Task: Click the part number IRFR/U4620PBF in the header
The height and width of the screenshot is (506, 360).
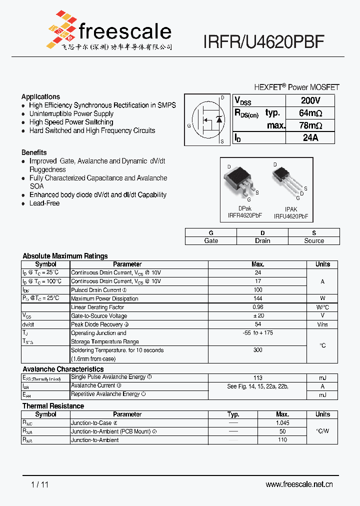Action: click(x=264, y=42)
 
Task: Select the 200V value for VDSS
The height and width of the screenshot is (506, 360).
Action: click(x=310, y=100)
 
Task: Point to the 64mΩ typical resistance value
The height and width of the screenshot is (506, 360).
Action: click(x=310, y=113)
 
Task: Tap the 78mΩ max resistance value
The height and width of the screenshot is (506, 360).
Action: click(x=310, y=125)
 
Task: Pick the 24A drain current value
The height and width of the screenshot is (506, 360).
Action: click(x=310, y=138)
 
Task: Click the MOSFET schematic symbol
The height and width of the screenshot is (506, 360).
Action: click(x=207, y=120)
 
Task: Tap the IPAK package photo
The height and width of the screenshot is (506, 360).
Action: click(x=286, y=180)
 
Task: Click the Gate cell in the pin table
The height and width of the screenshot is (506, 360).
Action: click(x=211, y=240)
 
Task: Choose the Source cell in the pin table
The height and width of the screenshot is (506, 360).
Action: click(x=314, y=240)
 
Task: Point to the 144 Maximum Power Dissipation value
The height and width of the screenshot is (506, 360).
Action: click(x=258, y=298)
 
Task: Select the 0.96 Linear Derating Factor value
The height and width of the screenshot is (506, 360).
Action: click(x=258, y=307)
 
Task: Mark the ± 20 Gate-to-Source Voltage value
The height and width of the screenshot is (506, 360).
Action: click(x=258, y=315)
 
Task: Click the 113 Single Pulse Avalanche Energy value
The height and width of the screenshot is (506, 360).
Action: click(x=258, y=378)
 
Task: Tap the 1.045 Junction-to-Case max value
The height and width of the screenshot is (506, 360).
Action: click(x=282, y=423)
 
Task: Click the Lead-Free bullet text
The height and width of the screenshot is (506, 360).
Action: click(x=44, y=203)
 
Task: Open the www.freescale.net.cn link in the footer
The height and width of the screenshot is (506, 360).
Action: click(x=299, y=484)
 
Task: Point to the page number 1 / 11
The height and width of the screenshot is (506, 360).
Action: click(x=39, y=484)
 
